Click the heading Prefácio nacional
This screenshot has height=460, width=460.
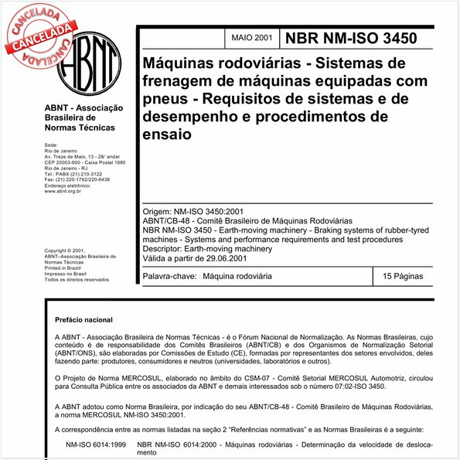[83, 320]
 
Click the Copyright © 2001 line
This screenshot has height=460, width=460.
[66, 251]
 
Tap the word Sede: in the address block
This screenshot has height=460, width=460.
[51, 145]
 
